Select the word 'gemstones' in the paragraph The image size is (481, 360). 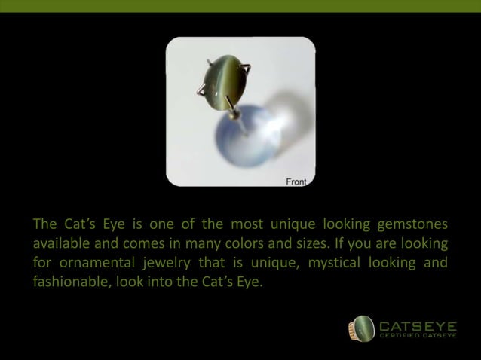coord(411,224)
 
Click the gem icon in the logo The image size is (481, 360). coord(360,329)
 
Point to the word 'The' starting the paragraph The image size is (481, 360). coord(44,224)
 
